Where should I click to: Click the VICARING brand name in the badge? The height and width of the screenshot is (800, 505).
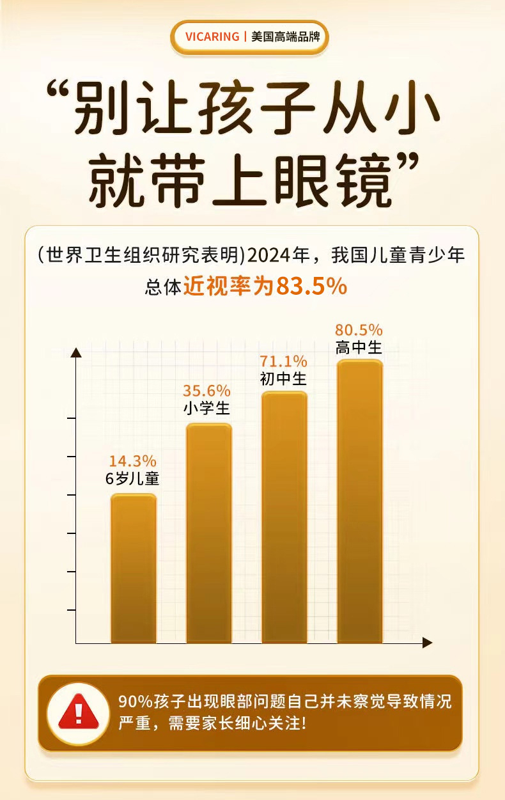[x=212, y=36]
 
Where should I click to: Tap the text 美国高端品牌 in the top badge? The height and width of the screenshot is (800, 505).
[x=285, y=36]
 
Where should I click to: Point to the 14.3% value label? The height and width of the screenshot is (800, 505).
[x=132, y=461]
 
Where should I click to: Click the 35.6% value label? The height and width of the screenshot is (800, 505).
[x=206, y=391]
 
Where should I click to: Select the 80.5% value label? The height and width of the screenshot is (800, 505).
[x=359, y=331]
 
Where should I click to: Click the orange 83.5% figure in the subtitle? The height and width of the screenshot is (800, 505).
[x=311, y=286]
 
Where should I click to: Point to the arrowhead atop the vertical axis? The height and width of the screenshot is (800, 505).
[x=76, y=352]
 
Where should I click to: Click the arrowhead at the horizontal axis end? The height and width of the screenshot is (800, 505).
[x=427, y=643]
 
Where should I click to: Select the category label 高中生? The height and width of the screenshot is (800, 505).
[x=359, y=348]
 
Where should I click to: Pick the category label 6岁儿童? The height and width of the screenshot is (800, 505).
[x=132, y=478]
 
